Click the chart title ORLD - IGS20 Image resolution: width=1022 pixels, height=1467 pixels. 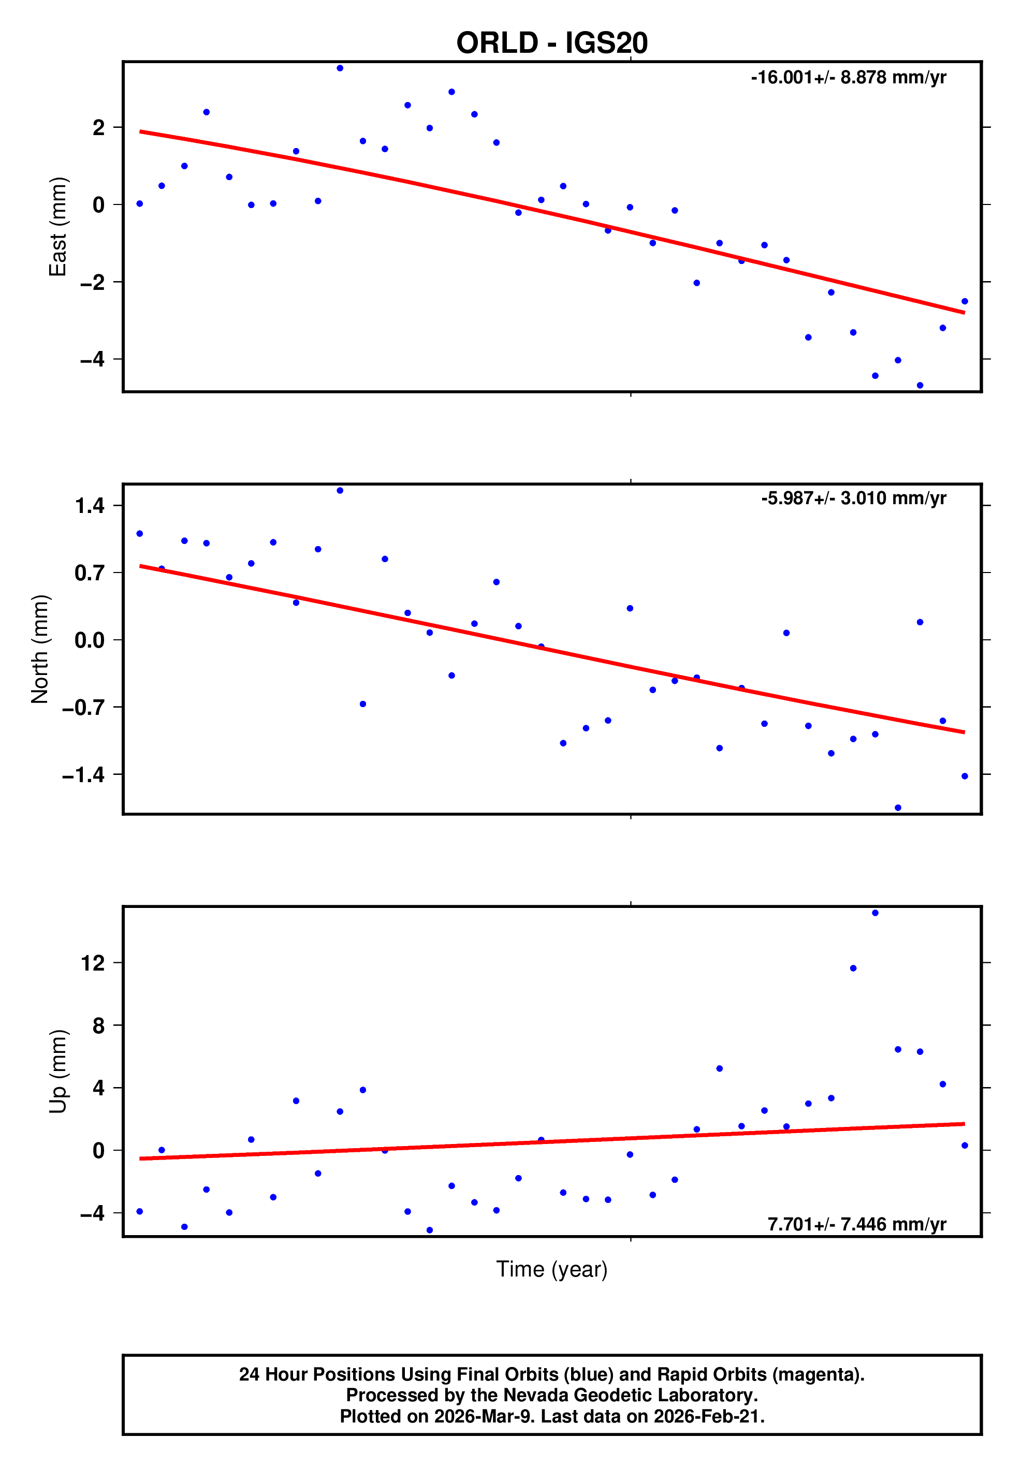click(551, 43)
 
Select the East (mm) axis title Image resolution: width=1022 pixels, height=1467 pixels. click(57, 227)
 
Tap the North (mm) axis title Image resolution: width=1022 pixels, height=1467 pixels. click(40, 649)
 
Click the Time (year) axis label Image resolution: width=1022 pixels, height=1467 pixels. click(551, 1269)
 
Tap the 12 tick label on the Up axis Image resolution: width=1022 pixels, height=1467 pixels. click(93, 963)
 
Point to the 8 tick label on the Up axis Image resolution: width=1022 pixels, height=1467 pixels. click(98, 1025)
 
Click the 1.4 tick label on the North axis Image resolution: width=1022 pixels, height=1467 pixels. click(90, 506)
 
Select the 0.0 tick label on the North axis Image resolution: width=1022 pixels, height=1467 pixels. click(90, 640)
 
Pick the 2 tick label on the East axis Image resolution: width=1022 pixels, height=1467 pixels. click(98, 128)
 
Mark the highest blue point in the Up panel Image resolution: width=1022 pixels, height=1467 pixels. click(875, 913)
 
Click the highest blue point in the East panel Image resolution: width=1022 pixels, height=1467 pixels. click(340, 68)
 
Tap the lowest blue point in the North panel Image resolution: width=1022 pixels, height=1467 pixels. click(897, 808)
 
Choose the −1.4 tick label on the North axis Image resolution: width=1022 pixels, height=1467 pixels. click(83, 775)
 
